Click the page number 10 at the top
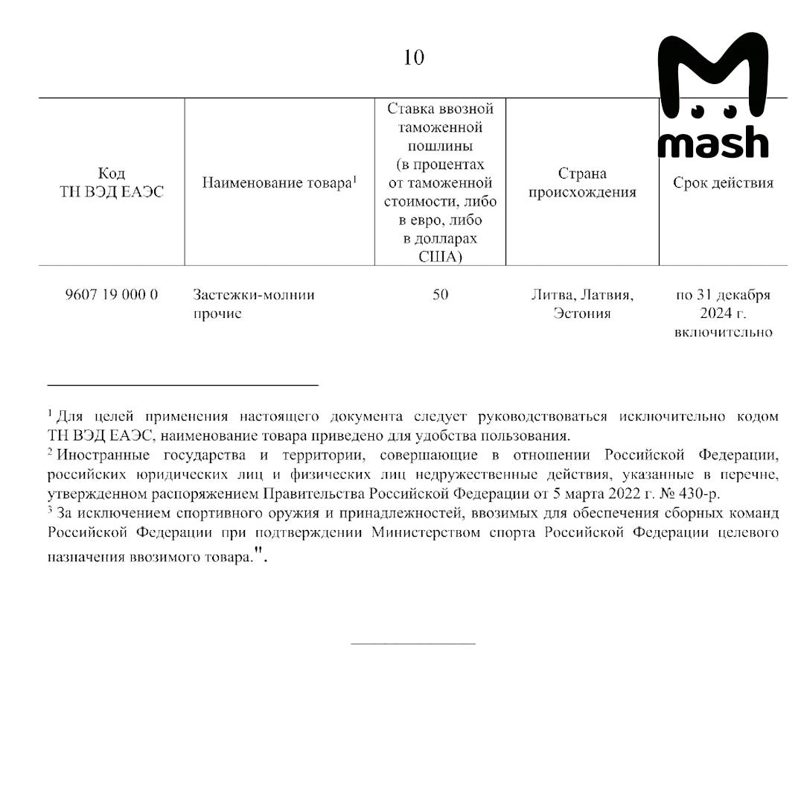414,57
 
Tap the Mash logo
712,97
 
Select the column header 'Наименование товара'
279,183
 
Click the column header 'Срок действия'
723,183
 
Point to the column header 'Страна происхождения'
582,183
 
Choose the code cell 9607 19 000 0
112,295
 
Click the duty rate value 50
440,295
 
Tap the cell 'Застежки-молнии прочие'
253,304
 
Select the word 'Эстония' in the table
582,313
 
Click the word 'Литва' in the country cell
552,295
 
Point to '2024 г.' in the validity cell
723,313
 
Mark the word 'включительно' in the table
723,332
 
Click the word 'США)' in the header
440,257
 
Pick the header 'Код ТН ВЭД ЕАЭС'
112,183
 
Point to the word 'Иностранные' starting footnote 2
103,454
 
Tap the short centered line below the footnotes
412,642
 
